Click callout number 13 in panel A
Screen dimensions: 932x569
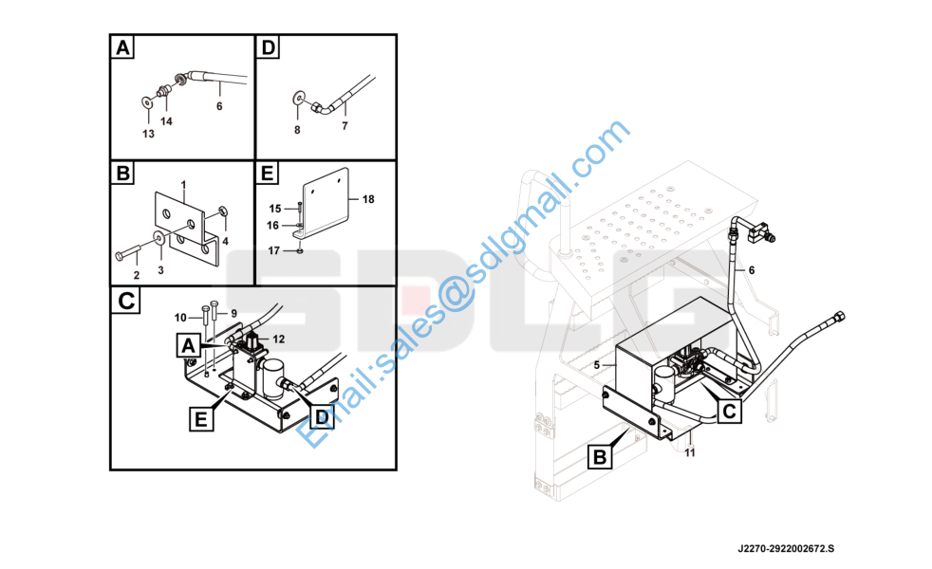tap(149, 135)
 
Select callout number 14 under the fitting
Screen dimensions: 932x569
tap(166, 121)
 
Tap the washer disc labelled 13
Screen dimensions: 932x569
tap(147, 102)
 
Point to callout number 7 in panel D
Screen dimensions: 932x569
tap(345, 126)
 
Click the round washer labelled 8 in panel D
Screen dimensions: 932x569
tap(298, 97)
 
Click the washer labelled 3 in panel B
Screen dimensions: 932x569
tap(159, 238)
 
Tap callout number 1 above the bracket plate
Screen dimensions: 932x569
tap(184, 185)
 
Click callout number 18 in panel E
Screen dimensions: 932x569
tap(368, 199)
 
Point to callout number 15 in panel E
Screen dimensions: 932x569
tap(274, 209)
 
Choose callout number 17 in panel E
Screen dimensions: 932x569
tap(273, 251)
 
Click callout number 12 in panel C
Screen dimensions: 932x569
tap(279, 340)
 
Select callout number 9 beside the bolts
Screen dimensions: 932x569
tap(234, 314)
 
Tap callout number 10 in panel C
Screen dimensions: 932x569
tap(180, 318)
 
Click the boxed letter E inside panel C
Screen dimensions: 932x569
tap(201, 419)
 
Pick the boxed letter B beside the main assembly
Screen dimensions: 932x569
tap(600, 457)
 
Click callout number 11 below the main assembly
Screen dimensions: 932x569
tap(689, 452)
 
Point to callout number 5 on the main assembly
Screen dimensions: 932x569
tap(597, 365)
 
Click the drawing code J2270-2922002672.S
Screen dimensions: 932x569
tap(786, 549)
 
